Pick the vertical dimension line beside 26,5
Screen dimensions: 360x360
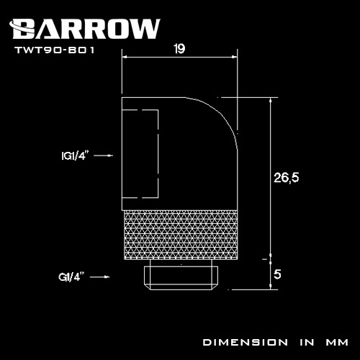tap(271, 180)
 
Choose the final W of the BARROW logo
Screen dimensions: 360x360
tap(144, 28)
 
